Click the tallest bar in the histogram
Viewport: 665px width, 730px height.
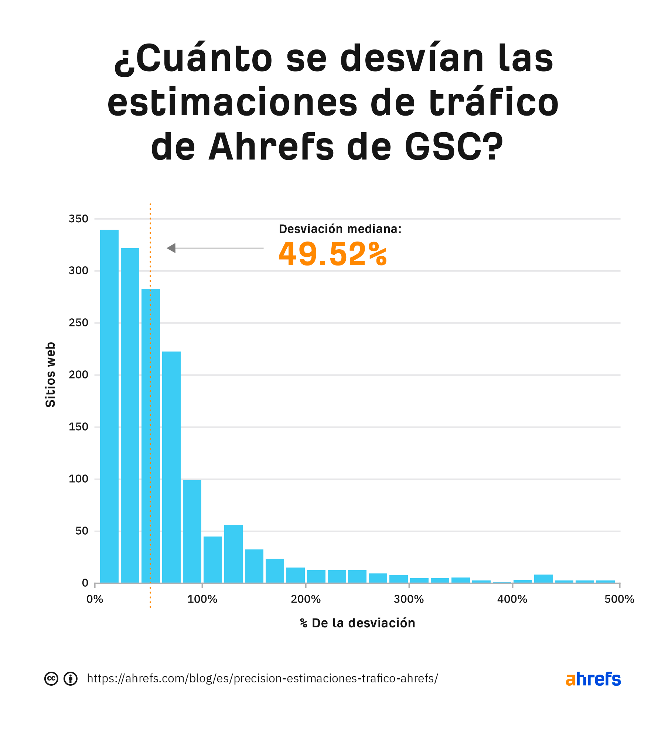pos(109,406)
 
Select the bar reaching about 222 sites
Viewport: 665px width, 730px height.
pos(171,467)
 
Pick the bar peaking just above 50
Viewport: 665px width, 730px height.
pos(233,554)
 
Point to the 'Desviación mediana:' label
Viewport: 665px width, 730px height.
pos(340,229)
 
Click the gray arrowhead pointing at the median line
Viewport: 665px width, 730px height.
pos(171,248)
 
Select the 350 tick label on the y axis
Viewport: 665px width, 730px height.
pos(78,219)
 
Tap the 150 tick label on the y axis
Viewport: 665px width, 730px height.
pos(78,427)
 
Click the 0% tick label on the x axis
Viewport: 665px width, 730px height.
pos(95,599)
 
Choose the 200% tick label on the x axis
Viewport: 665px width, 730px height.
pos(306,599)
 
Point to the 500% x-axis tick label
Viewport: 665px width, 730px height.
pos(619,599)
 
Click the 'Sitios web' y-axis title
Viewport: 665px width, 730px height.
pos(50,374)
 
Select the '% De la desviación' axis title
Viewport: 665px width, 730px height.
pos(358,623)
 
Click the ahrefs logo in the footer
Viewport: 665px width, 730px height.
pos(593,679)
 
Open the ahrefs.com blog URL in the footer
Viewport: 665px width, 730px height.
pos(262,678)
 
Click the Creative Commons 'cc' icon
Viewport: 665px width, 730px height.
pos(51,679)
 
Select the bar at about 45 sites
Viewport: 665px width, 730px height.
pos(213,559)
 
